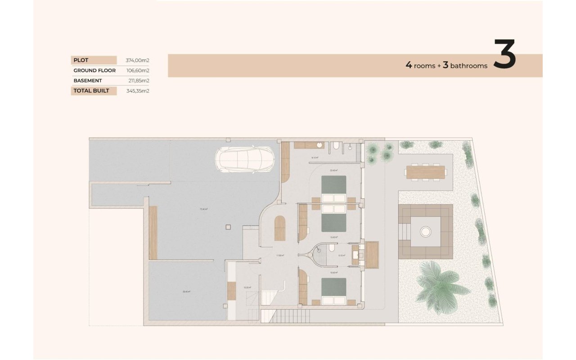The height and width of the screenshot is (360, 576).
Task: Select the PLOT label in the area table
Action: point(81,60)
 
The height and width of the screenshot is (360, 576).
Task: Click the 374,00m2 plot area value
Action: point(137,60)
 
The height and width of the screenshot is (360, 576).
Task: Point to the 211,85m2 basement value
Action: point(139,81)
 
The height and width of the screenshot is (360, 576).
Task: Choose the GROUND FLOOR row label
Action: point(94,71)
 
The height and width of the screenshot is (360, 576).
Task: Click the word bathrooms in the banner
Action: point(468,66)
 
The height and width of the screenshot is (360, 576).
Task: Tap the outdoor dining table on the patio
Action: point(425,172)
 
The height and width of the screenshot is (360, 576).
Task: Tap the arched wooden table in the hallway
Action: point(280,228)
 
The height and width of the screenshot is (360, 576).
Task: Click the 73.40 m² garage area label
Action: point(203,209)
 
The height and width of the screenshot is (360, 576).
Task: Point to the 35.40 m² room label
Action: point(186,292)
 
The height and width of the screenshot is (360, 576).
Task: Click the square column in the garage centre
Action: point(228,227)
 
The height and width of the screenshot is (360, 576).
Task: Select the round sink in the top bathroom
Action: point(319,145)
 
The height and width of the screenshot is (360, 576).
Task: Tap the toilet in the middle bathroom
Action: point(332,248)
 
